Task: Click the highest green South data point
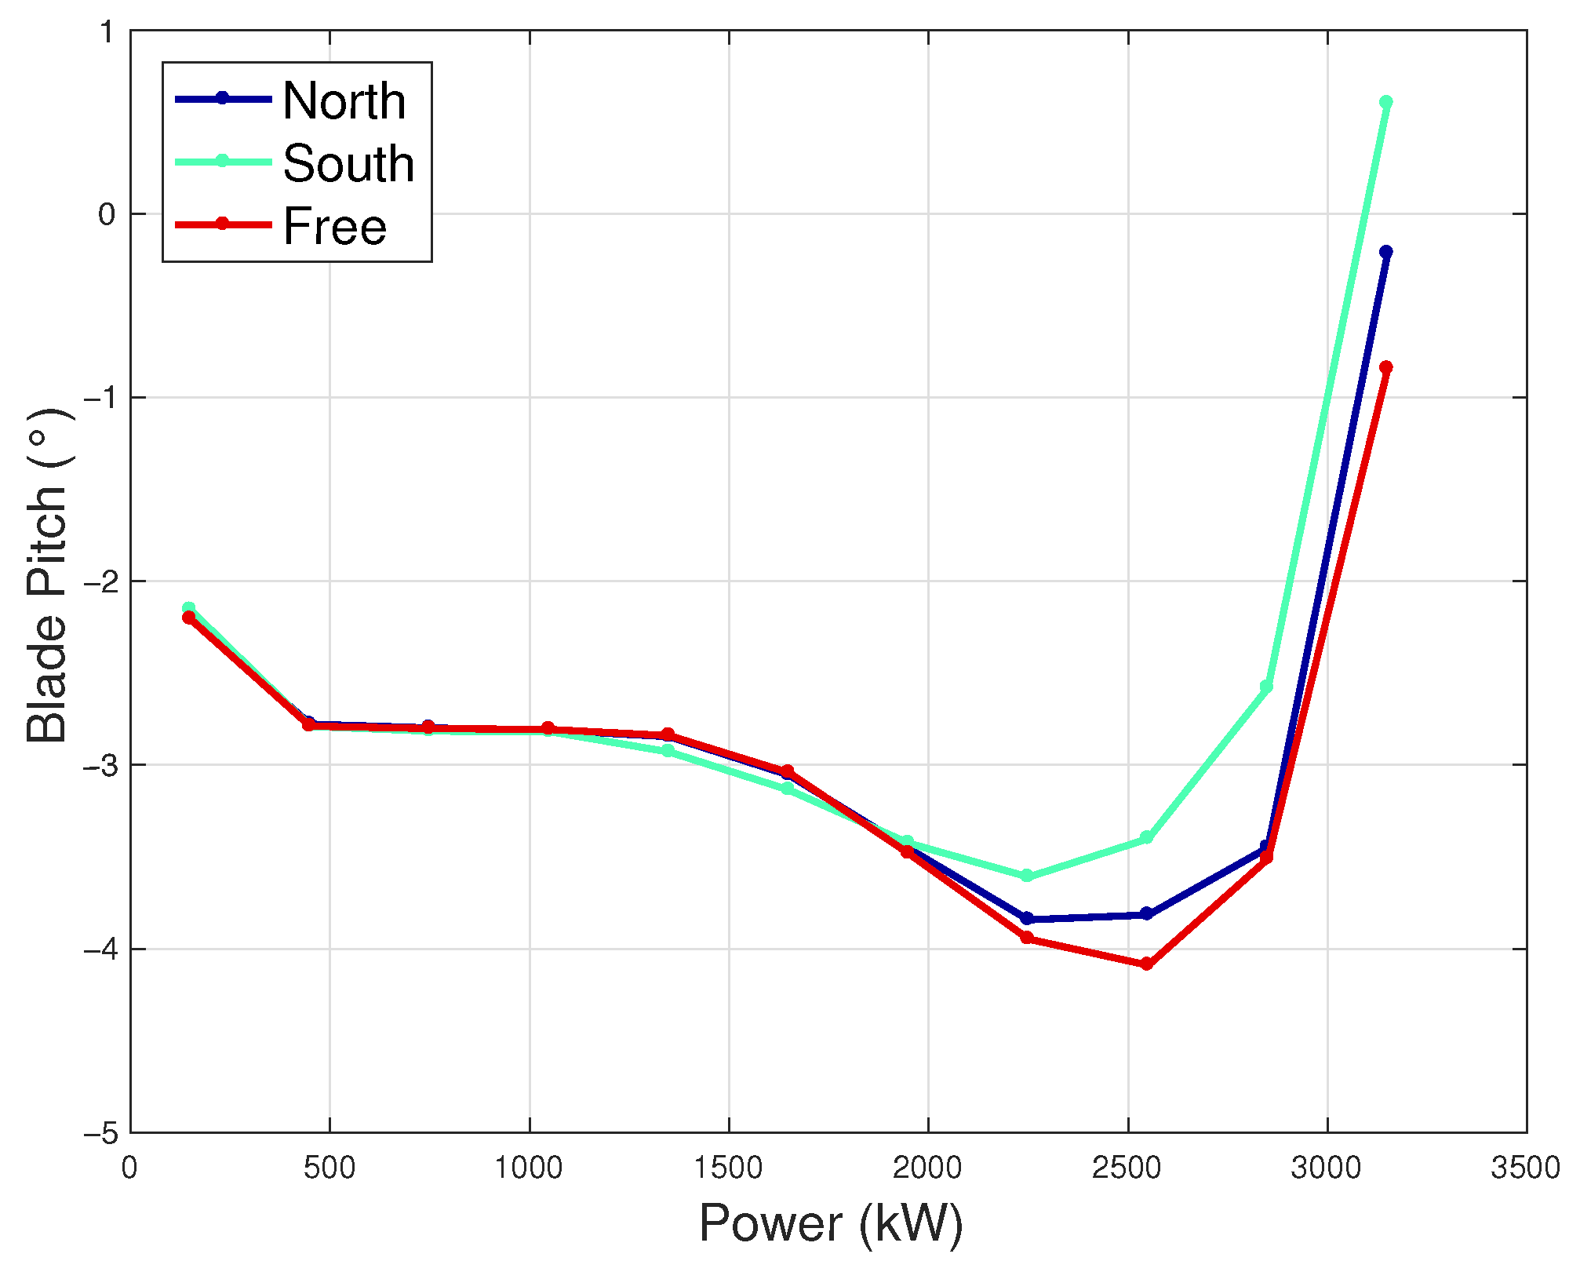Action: coord(1385,103)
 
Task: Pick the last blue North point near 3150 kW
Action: coord(1385,252)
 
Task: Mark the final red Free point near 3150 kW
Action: coord(1385,367)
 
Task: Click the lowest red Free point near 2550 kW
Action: coord(1146,964)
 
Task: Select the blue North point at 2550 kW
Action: coord(1146,913)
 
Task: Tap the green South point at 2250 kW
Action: coord(1026,876)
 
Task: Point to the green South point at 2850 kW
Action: coord(1266,687)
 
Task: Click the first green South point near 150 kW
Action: coord(188,608)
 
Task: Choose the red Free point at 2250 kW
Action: coord(1026,938)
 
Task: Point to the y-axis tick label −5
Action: coord(100,1134)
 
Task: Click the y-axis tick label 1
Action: coord(107,33)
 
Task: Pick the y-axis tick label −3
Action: coord(100,766)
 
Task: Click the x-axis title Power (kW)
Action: coord(830,1223)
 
